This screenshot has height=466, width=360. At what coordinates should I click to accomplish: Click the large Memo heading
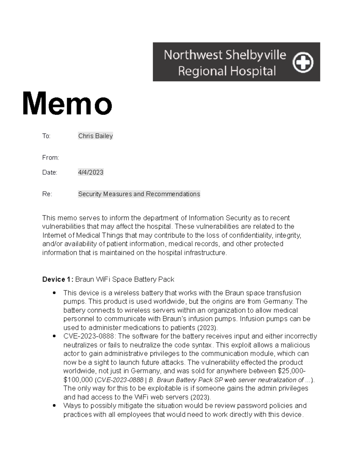pyautogui.click(x=67, y=104)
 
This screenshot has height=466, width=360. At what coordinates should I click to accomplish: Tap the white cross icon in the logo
pyautogui.click(x=303, y=63)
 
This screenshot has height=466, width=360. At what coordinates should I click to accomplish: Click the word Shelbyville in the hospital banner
pyautogui.click(x=256, y=55)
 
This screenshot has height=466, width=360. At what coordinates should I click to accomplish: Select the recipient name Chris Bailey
pyautogui.click(x=95, y=136)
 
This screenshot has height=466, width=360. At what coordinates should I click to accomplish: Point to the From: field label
pyautogui.click(x=50, y=158)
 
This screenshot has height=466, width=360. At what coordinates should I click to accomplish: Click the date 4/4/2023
pyautogui.click(x=91, y=172)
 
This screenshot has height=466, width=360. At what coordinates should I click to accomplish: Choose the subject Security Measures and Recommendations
pyautogui.click(x=139, y=194)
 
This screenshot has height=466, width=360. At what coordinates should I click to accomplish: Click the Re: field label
pyautogui.click(x=47, y=194)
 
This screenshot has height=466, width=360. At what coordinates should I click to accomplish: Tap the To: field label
pyautogui.click(x=46, y=136)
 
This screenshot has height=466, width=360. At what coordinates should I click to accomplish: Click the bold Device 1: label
pyautogui.click(x=58, y=279)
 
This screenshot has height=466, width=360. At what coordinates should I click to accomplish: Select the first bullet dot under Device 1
pyautogui.click(x=54, y=293)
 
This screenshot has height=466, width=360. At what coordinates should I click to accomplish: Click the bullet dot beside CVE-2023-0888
pyautogui.click(x=54, y=336)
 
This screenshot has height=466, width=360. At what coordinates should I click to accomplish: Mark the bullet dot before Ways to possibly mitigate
pyautogui.click(x=54, y=406)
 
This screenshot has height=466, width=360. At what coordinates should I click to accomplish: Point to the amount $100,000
pyautogui.click(x=78, y=380)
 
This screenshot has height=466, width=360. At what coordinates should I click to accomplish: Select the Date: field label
pyautogui.click(x=49, y=172)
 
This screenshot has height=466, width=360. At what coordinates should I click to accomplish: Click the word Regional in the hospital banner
pyautogui.click(x=202, y=71)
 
